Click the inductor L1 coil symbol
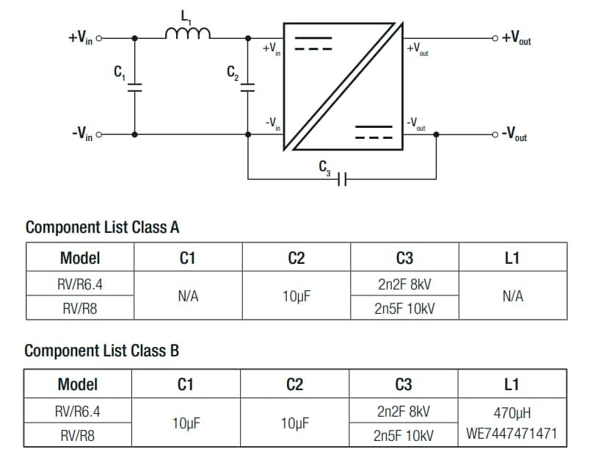[189, 33]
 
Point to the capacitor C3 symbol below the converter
[341, 179]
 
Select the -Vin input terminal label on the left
[81, 135]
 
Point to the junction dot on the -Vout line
[437, 134]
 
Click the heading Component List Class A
[102, 227]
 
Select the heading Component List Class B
[101, 351]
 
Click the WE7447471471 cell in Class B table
[512, 434]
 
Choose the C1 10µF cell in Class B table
[188, 423]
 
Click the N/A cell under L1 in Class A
[512, 296]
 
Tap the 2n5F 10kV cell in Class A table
[404, 309]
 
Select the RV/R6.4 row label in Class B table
[79, 412]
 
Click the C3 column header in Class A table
[404, 258]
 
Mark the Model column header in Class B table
[79, 384]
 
